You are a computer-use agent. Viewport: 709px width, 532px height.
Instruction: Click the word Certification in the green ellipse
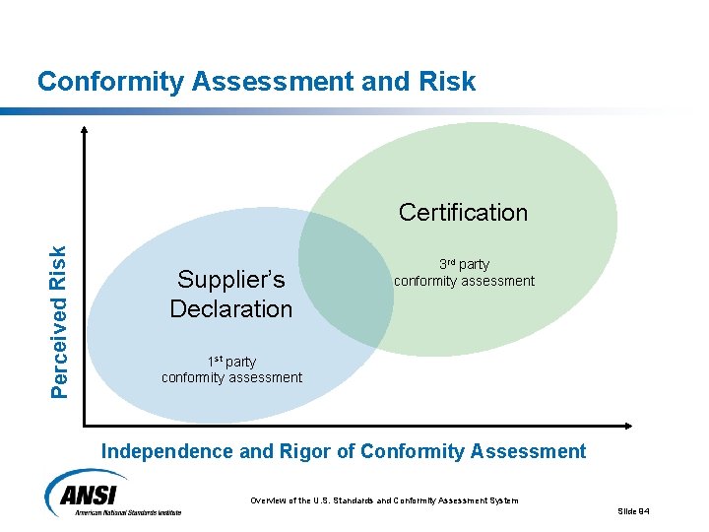463,213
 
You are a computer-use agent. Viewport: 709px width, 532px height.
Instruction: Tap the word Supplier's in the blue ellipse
231,280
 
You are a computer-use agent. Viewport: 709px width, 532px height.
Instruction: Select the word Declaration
231,309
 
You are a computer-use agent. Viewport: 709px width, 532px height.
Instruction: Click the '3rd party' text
464,264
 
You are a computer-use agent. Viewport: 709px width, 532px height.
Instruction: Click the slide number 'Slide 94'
634,510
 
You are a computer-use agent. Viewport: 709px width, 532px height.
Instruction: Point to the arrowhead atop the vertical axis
85,129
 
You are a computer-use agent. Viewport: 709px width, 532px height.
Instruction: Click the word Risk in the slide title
447,82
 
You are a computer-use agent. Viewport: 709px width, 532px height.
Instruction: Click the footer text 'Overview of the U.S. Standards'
325,500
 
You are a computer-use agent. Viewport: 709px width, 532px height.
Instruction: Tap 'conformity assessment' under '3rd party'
464,281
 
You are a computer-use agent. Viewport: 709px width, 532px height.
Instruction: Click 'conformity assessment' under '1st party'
231,377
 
